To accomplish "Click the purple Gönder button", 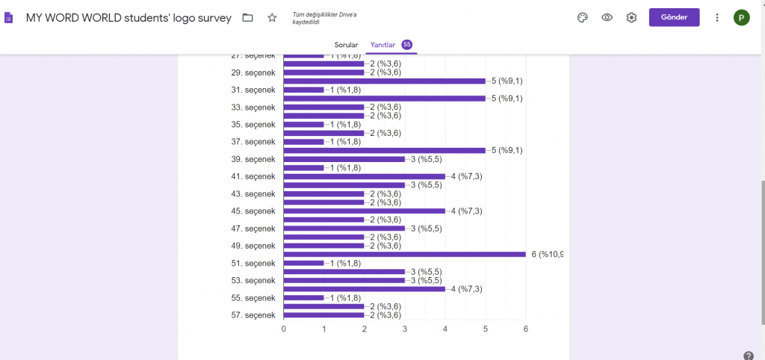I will click(674, 17).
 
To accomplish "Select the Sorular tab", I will click(346, 45).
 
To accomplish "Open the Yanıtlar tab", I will click(383, 45).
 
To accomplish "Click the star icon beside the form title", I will click(272, 17).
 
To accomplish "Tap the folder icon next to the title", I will click(248, 17).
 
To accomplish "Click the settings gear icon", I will click(631, 17).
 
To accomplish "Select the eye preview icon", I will click(607, 17).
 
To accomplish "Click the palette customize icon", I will click(583, 17).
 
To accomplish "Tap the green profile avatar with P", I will click(741, 17).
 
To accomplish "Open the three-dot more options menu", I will click(717, 17).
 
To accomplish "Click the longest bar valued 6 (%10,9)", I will click(404, 254).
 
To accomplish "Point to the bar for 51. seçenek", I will click(303, 263).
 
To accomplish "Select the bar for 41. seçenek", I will click(364, 176).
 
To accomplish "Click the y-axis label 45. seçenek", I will click(253, 211).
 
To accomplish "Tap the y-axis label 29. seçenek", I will click(253, 72).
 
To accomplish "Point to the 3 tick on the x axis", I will click(405, 329).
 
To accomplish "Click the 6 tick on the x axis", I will click(525, 329).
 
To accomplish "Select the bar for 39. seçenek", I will click(344, 159).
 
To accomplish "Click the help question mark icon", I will click(749, 356).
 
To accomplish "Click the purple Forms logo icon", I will click(9, 17).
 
